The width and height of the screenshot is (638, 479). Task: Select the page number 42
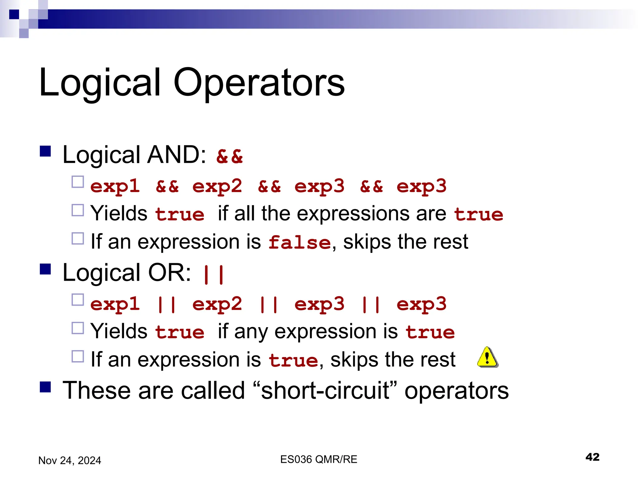click(x=592, y=457)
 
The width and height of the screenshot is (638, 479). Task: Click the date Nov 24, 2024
click(x=69, y=460)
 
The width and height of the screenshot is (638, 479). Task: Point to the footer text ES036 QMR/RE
click(x=318, y=459)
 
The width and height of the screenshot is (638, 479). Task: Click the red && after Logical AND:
click(x=230, y=156)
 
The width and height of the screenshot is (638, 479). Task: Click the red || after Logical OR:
click(x=213, y=274)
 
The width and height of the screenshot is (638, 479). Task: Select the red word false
click(x=299, y=243)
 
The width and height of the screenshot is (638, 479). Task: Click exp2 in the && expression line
click(x=217, y=186)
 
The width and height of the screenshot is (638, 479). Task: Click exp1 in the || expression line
click(x=115, y=304)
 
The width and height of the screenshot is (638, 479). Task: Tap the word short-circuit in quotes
click(x=325, y=391)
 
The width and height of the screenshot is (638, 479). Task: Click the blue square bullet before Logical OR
click(x=45, y=269)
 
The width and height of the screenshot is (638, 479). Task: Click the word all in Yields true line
click(x=245, y=214)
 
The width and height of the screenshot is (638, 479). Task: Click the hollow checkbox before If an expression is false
click(x=78, y=238)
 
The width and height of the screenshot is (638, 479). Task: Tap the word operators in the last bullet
click(x=456, y=391)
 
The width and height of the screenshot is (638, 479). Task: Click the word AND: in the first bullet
click(x=176, y=155)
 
